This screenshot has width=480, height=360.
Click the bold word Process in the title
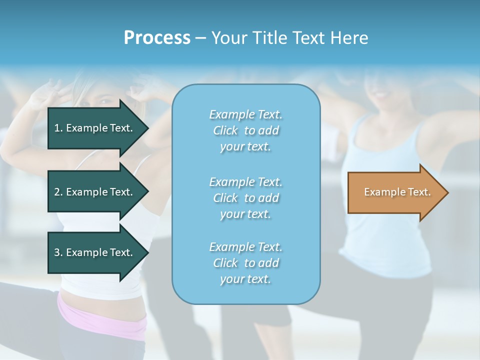157,38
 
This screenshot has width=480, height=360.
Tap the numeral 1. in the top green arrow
58,128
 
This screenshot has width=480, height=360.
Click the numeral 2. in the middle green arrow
58,192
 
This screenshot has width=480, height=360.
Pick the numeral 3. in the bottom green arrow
58,252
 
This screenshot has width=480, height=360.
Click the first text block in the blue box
245,130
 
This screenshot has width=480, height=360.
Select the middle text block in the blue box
245,198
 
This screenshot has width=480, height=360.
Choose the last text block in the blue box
245,263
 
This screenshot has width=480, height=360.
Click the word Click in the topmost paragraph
225,130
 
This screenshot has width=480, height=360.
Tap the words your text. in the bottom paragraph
245,279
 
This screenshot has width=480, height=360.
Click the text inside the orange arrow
397,192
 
